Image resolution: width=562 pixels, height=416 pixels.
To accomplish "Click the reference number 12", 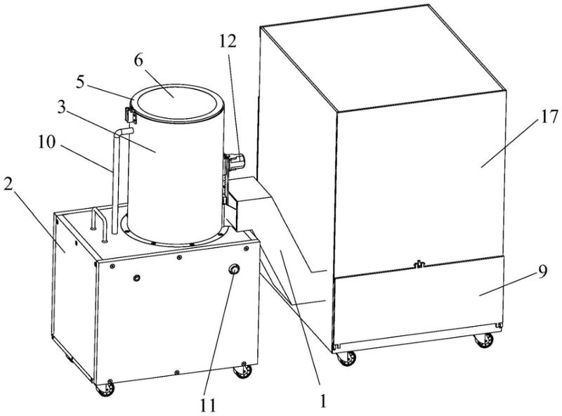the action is click(228, 41).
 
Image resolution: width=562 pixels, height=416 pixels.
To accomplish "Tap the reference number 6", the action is click(138, 60).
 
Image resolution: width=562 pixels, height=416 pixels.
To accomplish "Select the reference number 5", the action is click(80, 82).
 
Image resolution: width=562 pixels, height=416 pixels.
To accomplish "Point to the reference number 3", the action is click(62, 108).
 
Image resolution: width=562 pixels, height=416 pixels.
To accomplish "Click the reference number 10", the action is click(47, 142).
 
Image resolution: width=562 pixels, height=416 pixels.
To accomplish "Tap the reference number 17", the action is click(549, 117).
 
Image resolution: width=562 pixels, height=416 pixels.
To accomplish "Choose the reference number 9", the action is click(543, 272).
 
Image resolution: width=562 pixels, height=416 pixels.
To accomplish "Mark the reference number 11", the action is click(208, 405).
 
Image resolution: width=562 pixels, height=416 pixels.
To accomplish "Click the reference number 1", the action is click(323, 401).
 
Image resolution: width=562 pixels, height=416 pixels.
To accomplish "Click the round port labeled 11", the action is click(235, 269).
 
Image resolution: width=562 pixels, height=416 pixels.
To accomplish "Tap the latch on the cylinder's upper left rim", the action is click(129, 114).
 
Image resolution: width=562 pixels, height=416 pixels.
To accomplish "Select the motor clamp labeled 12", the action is click(237, 161).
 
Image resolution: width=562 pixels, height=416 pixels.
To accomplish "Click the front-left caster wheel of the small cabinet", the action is click(105, 389).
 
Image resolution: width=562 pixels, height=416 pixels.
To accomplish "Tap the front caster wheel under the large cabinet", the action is click(346, 358).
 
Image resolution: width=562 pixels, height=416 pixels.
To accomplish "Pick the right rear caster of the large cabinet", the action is click(484, 340).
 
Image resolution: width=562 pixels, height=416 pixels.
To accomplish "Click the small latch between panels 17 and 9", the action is click(418, 265).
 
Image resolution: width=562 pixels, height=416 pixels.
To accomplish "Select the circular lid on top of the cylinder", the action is click(177, 103).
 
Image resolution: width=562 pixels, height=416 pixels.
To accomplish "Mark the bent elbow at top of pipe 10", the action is click(121, 133).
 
